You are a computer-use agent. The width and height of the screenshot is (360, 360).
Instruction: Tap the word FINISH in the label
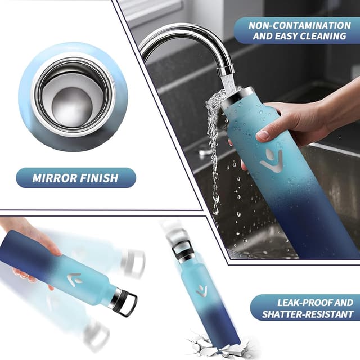pos(101,179)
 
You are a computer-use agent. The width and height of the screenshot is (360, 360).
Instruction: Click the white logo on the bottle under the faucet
pos(272,161)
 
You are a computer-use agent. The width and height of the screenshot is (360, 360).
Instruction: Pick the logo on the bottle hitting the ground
pos(201,291)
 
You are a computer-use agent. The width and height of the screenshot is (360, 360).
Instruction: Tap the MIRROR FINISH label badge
pos(75,179)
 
